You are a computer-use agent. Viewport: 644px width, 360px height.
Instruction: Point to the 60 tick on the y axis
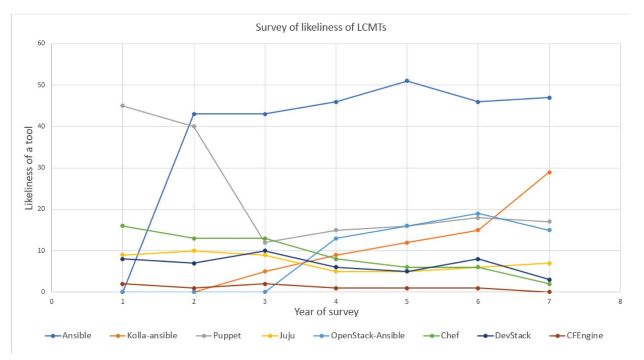click(x=41, y=44)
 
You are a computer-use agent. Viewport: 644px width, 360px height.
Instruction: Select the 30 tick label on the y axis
click(x=41, y=168)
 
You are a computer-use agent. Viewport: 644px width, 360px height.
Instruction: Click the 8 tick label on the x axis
click(x=620, y=301)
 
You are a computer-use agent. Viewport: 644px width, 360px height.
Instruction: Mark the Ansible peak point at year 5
click(x=407, y=81)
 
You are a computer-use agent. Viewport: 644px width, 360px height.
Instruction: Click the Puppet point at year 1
click(x=123, y=106)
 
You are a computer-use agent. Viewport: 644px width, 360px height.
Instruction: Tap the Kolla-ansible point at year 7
click(x=549, y=172)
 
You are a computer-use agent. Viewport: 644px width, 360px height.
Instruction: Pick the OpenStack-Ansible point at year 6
click(x=478, y=213)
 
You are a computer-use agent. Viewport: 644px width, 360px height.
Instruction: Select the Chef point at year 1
click(x=123, y=226)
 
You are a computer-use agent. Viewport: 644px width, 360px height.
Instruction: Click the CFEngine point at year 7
click(x=549, y=292)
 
